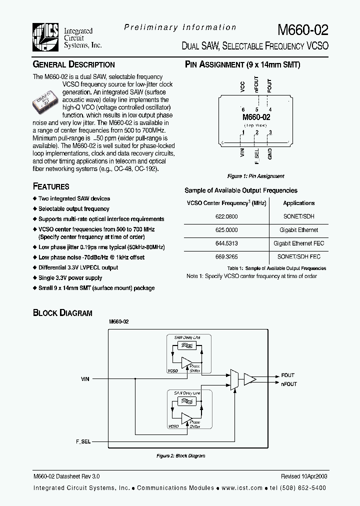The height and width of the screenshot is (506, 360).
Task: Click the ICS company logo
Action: coord(45,37)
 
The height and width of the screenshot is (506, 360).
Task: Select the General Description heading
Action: coord(73,64)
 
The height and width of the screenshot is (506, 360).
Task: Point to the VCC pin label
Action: coord(242,89)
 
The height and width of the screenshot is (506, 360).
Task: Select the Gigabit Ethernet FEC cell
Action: coord(298,243)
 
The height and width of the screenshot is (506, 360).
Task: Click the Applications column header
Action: coord(298,203)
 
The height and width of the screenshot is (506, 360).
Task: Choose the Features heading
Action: coord(51,186)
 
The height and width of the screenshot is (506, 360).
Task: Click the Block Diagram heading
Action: coord(62,313)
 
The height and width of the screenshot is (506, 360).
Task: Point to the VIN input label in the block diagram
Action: coord(85,379)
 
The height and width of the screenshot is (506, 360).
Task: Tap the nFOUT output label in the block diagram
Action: coord(288,384)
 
